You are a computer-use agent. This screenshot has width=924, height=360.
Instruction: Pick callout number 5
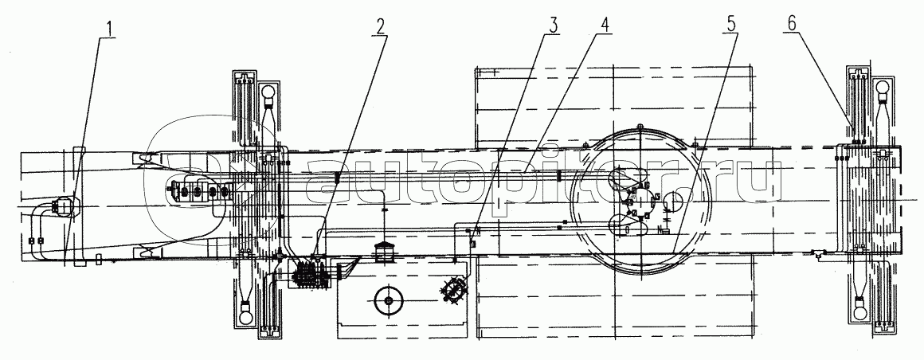(x=730, y=25)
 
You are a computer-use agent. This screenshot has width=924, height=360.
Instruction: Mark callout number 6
(x=792, y=25)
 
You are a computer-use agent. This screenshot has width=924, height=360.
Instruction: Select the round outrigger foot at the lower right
(x=859, y=307)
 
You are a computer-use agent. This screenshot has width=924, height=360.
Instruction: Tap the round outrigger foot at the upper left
(x=268, y=92)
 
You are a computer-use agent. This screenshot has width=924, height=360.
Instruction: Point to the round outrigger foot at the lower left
(x=246, y=308)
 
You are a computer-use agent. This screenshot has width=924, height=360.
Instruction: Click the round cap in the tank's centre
(x=388, y=300)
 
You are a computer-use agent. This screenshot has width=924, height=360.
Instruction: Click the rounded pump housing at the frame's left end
(x=62, y=206)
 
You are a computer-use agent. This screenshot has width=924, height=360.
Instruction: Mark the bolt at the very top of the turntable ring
(x=640, y=126)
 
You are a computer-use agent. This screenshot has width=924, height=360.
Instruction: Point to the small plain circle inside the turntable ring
(x=673, y=202)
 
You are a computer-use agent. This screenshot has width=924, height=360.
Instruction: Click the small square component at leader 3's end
(x=472, y=244)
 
